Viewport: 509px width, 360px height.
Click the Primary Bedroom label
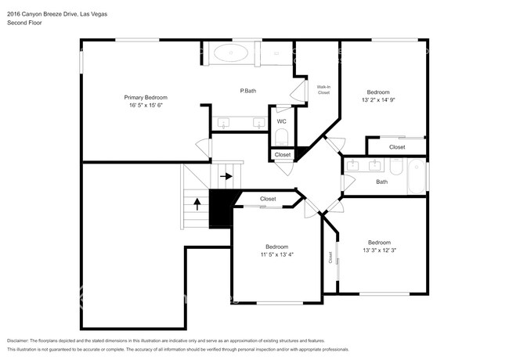pyautogui.click(x=146, y=97)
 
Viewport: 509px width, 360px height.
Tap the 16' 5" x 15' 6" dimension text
pyautogui.click(x=146, y=105)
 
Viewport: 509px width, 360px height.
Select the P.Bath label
pyautogui.click(x=248, y=91)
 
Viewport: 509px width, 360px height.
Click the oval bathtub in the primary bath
pyautogui.click(x=231, y=52)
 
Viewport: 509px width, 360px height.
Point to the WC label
pyautogui.click(x=281, y=121)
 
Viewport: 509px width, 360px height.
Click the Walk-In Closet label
pyautogui.click(x=323, y=89)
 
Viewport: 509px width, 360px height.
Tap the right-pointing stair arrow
pyautogui.click(x=226, y=176)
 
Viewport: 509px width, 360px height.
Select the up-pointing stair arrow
pyautogui.click(x=197, y=204)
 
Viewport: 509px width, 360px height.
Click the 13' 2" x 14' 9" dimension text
pyautogui.click(x=378, y=100)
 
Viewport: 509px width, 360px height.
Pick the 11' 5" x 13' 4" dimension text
pyautogui.click(x=277, y=254)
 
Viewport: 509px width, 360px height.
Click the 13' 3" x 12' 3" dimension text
pyautogui.click(x=379, y=250)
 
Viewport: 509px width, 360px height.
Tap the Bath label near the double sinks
pyautogui.click(x=382, y=182)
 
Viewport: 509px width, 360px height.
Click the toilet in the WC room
pyautogui.click(x=281, y=138)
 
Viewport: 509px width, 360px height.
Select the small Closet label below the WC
pyautogui.click(x=283, y=155)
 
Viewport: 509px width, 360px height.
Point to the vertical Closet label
pyautogui.click(x=330, y=257)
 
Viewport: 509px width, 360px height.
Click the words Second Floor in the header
pyautogui.click(x=24, y=23)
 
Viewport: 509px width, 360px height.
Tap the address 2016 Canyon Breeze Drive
pyautogui.click(x=42, y=14)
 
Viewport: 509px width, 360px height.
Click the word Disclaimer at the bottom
pyautogui.click(x=18, y=341)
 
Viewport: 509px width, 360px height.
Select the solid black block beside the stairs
pyautogui.click(x=221, y=207)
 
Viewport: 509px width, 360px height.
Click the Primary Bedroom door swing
pyautogui.click(x=203, y=148)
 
